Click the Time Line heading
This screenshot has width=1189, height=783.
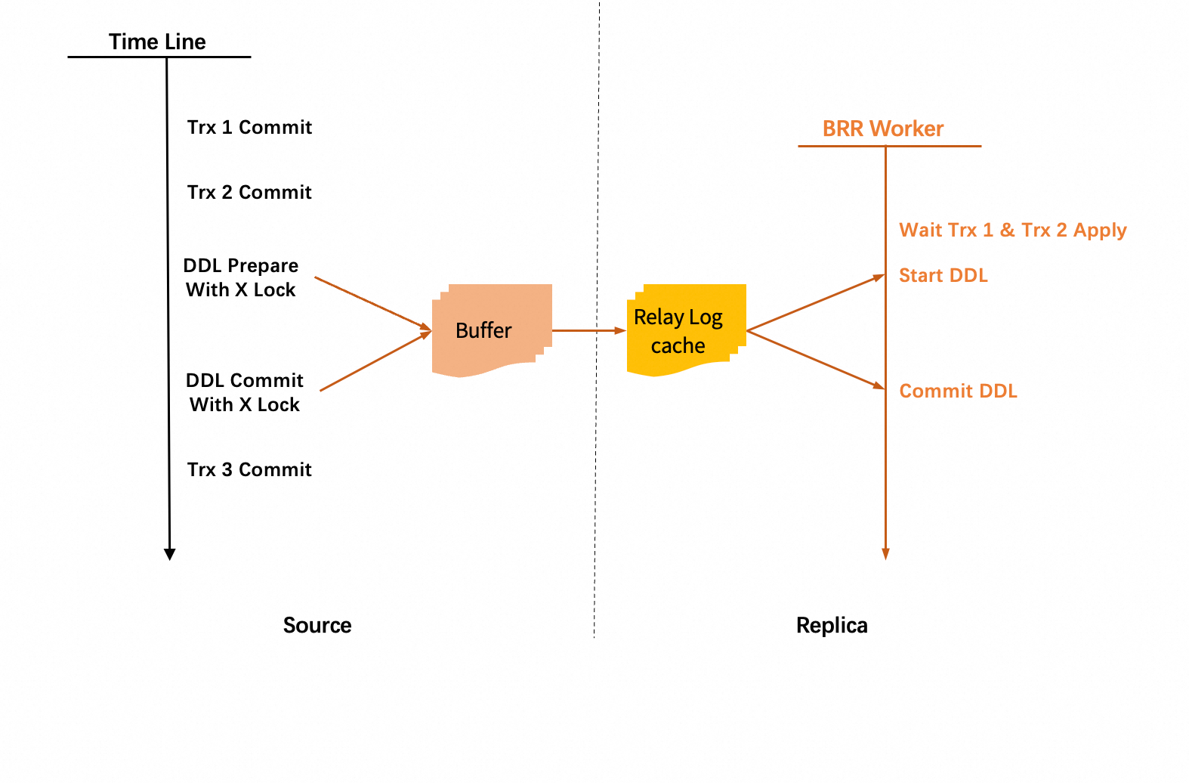tap(157, 42)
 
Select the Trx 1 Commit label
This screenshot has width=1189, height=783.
tap(249, 127)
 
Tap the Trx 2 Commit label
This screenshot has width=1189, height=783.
tap(249, 192)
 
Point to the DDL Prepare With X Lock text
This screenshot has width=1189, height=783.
tap(241, 277)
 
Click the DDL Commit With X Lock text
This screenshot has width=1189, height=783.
tap(245, 392)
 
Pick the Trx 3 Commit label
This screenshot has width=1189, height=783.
tap(249, 469)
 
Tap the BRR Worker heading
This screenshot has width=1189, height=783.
tap(883, 128)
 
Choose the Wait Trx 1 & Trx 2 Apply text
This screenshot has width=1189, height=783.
tap(1012, 230)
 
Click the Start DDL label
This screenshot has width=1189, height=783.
tap(943, 275)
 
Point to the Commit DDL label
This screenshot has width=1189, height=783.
tap(958, 391)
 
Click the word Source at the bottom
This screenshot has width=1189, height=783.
tap(317, 625)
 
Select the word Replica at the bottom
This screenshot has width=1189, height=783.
tap(832, 625)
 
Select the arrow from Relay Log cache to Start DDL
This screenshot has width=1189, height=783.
tap(816, 303)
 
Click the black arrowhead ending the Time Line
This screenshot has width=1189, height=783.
tap(170, 554)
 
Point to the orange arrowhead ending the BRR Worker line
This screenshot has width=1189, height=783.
tap(885, 554)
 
